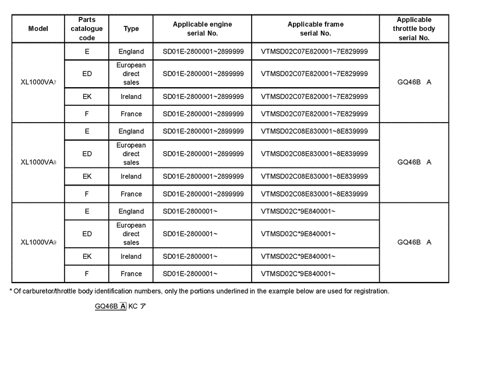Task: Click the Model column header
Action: [38, 28]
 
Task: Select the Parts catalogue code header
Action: [87, 28]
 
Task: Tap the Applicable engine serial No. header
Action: [202, 28]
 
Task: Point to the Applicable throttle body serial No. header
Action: [414, 28]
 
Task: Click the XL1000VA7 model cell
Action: [38, 83]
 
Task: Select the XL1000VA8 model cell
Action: [38, 162]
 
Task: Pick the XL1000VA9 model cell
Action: [38, 242]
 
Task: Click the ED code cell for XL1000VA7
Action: [87, 74]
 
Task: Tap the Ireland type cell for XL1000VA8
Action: [131, 176]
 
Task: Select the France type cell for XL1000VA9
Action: [131, 273]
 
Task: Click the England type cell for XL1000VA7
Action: [131, 51]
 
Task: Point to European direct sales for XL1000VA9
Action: [131, 234]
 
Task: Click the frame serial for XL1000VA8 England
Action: [314, 131]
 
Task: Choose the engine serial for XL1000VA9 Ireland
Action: [190, 256]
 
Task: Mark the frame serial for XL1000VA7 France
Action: [314, 114]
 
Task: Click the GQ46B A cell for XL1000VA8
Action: [414, 162]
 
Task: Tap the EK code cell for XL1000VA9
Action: [87, 256]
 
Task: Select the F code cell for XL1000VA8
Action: [87, 194]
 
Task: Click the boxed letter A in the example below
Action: [123, 306]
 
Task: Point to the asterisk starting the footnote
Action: [12, 290]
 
